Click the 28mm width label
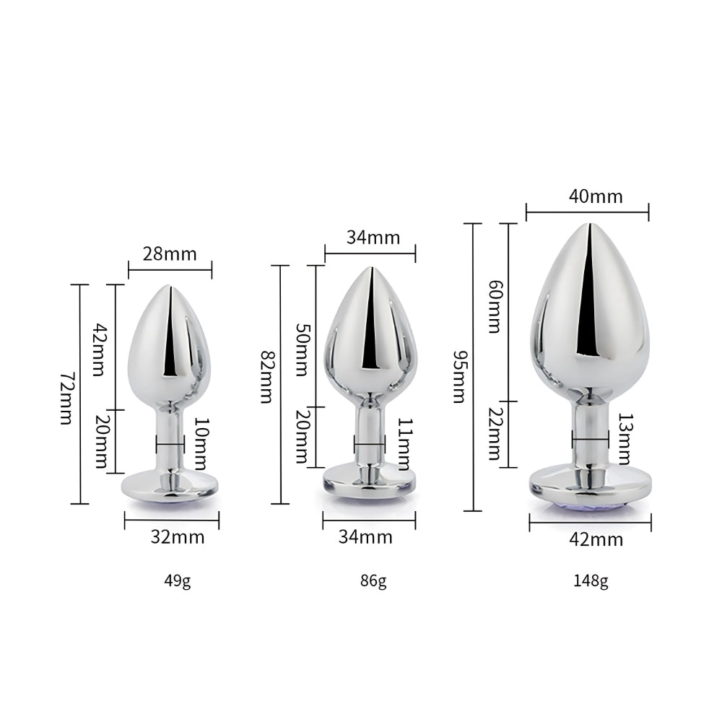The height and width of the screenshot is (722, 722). (x=170, y=254)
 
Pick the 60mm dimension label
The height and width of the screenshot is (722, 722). (x=494, y=306)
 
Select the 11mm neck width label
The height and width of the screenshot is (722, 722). (x=405, y=444)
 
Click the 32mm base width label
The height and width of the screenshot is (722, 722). (x=178, y=536)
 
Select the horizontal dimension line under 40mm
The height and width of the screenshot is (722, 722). (x=587, y=212)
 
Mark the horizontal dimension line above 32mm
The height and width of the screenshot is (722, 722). (x=171, y=520)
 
